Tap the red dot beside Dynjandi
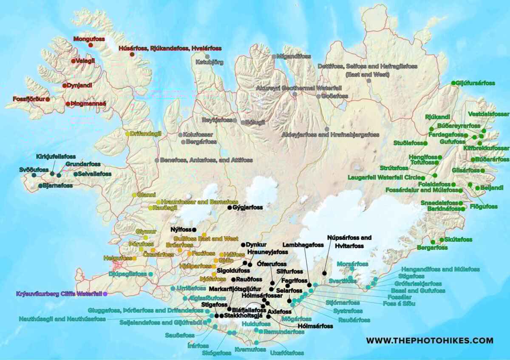(x=65, y=85)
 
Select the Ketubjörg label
(x=209, y=62)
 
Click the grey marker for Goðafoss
(x=318, y=96)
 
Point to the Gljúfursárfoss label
(x=476, y=83)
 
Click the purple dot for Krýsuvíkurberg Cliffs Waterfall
(x=105, y=294)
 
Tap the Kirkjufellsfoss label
(x=56, y=157)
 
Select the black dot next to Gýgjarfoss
(x=229, y=207)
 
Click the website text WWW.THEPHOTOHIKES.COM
(x=430, y=340)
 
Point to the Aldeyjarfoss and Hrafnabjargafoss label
(x=330, y=135)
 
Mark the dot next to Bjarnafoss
(x=40, y=186)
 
